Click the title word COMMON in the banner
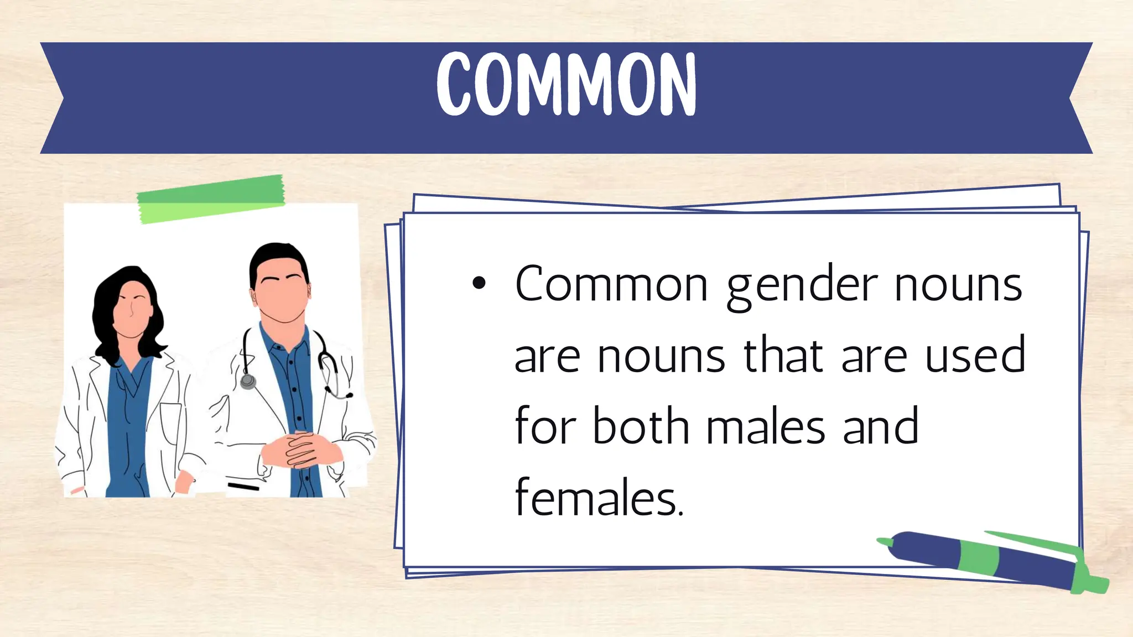[x=566, y=84]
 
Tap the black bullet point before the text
[x=479, y=284]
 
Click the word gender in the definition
[x=802, y=286]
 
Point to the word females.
[x=599, y=498]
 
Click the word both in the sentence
[x=640, y=426]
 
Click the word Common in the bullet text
[x=611, y=284]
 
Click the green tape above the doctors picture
[x=211, y=200]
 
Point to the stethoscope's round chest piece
[x=248, y=382]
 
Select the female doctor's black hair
[x=111, y=310]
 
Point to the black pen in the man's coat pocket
[x=243, y=487]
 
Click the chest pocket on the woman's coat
[x=170, y=423]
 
